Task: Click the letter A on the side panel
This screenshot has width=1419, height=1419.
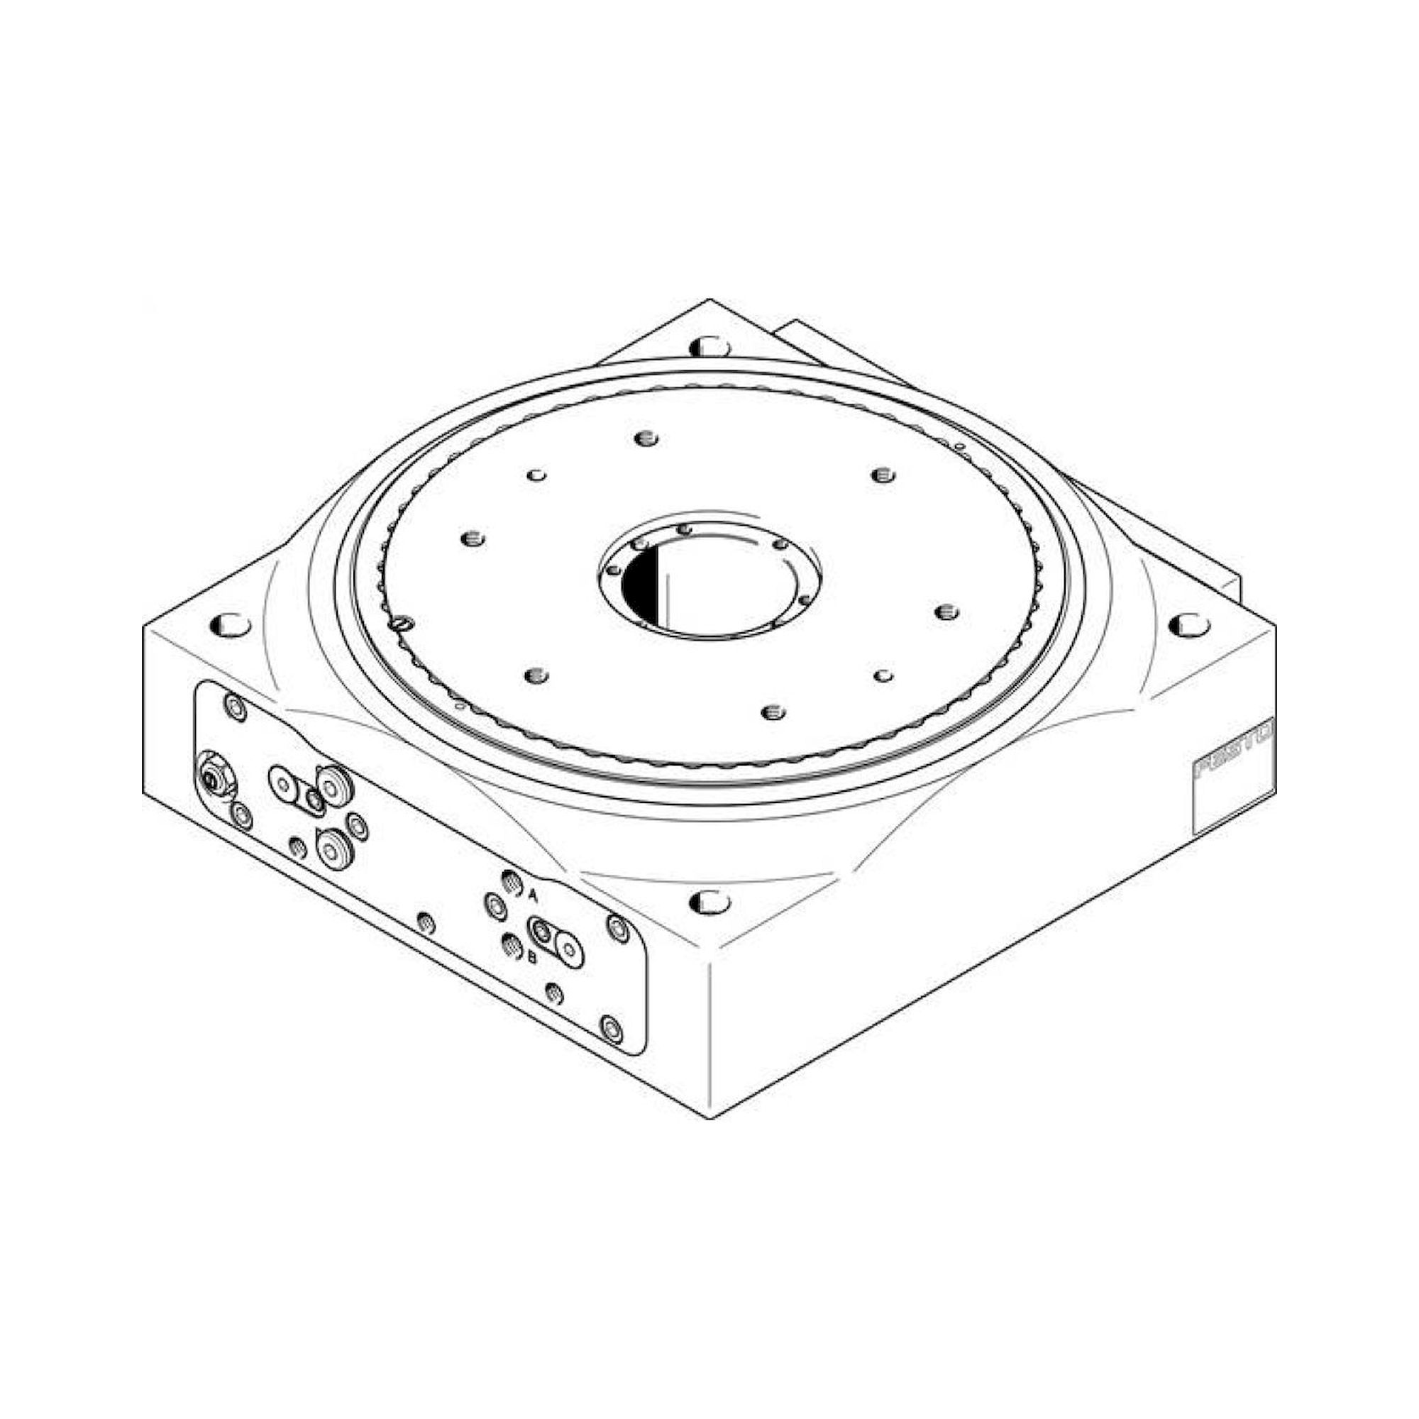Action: [534, 895]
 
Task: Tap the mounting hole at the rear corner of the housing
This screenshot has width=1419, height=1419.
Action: [710, 345]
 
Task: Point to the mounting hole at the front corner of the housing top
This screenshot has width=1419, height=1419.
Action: [710, 901]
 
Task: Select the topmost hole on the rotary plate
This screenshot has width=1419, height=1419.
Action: [646, 439]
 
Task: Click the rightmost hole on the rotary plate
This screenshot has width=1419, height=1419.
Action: [947, 611]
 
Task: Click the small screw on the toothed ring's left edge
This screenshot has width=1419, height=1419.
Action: [400, 624]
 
